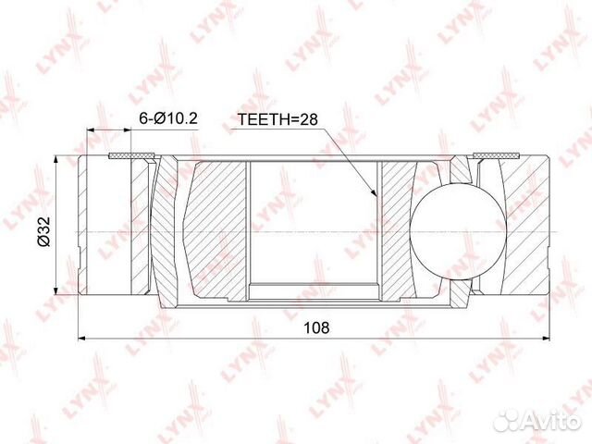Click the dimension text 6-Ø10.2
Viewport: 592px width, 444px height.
coord(168,119)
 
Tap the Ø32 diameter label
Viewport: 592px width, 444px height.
coord(43,228)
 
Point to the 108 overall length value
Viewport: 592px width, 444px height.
coord(315,327)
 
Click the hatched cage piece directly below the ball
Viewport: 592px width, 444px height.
coord(460,294)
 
